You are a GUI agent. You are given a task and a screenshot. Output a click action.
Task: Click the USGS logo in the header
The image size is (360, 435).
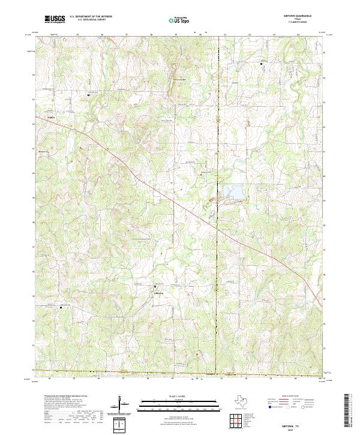[x=55, y=19]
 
